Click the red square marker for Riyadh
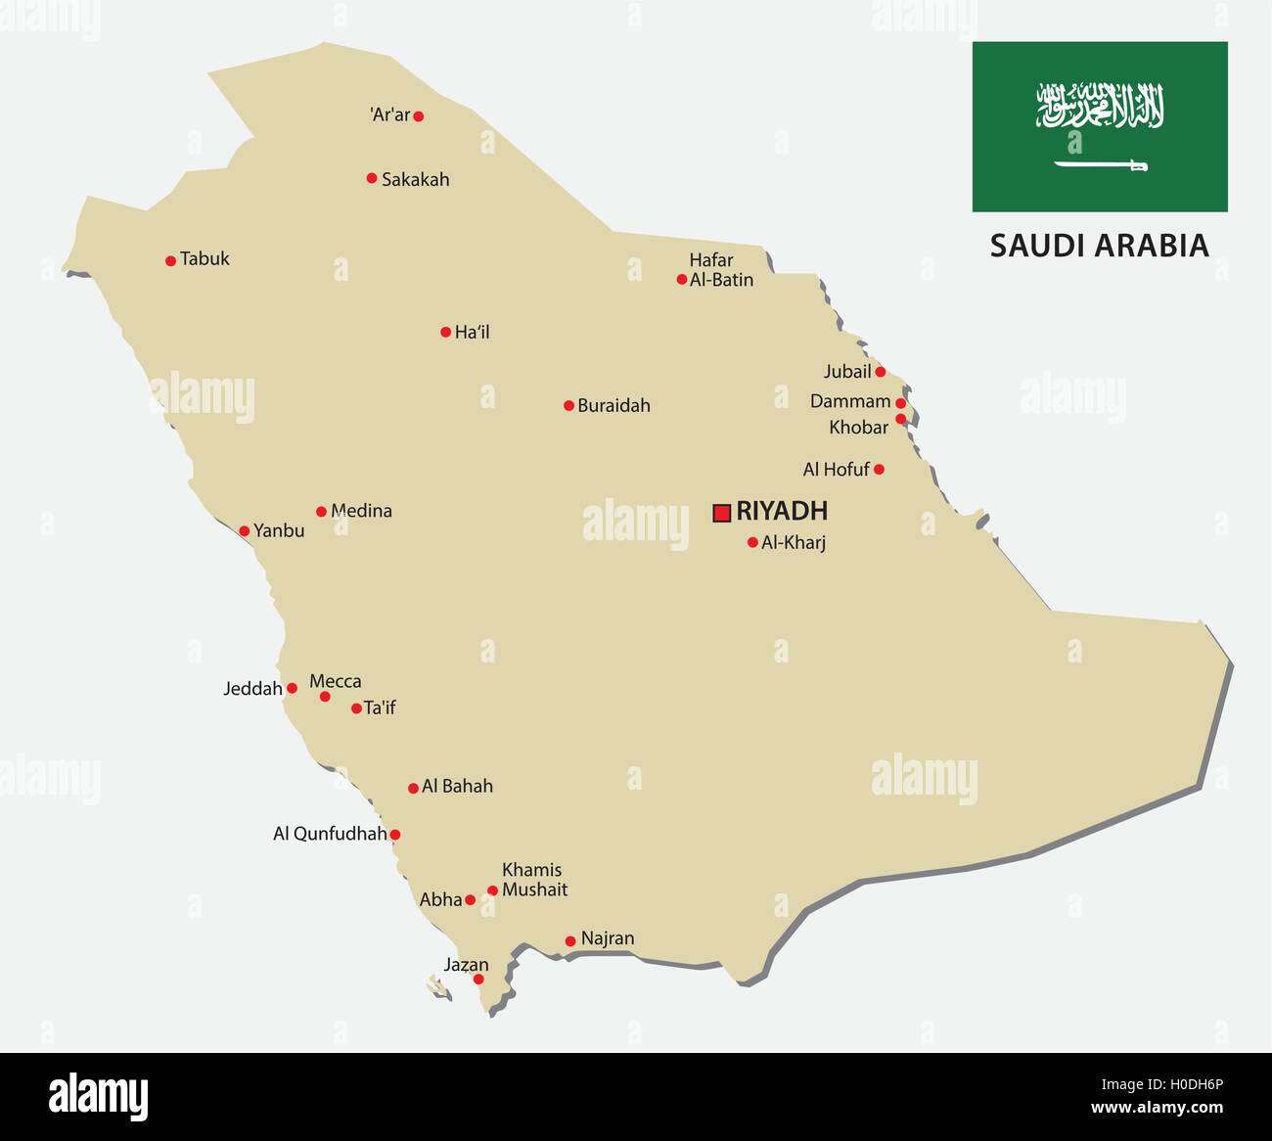pos(722,512)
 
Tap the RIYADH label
pos(782,511)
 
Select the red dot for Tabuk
pos(170,261)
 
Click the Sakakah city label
pos(415,179)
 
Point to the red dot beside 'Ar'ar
pos(419,116)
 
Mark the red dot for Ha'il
pos(445,333)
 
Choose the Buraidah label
pos(613,405)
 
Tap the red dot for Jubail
pos(880,372)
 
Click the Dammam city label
pos(850,401)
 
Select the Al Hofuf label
pos(836,470)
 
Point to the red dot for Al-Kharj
pos(752,542)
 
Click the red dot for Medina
pos(321,512)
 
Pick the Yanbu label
pos(279,530)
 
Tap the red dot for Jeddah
pos(292,688)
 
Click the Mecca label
pos(336,681)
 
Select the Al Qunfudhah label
pos(330,834)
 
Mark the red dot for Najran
pos(570,941)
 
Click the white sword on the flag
pos(1100,165)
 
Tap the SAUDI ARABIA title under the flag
pos(1099,246)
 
